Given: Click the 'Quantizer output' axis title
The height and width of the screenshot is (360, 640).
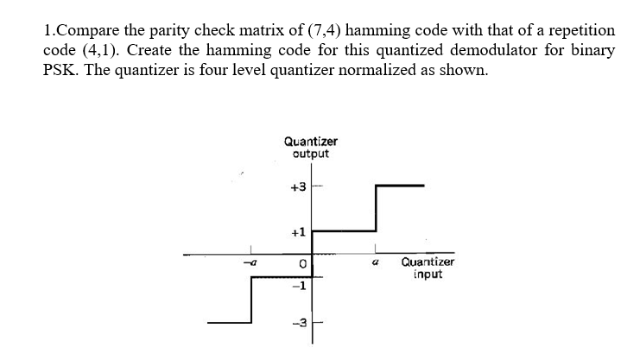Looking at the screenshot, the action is [310, 147].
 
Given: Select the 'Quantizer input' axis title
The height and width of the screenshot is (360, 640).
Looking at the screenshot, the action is [428, 268].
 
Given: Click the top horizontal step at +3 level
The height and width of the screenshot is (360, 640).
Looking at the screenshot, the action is [400, 185].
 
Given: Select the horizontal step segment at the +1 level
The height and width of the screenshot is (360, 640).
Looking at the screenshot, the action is [343, 231].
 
